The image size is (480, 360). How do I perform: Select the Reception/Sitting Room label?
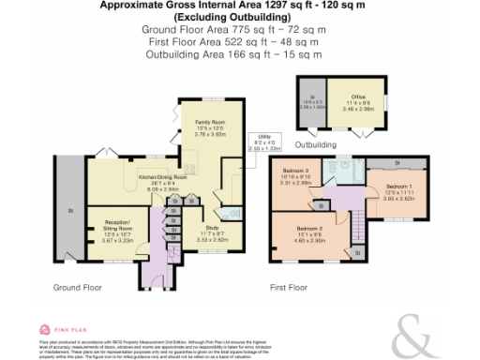click(x=112, y=232)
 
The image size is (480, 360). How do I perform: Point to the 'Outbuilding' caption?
click(x=315, y=145)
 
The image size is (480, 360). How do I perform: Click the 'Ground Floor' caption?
click(x=75, y=288)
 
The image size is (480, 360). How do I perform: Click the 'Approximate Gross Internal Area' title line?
click(x=239, y=6)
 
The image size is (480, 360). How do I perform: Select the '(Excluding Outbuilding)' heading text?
click(x=239, y=17)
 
